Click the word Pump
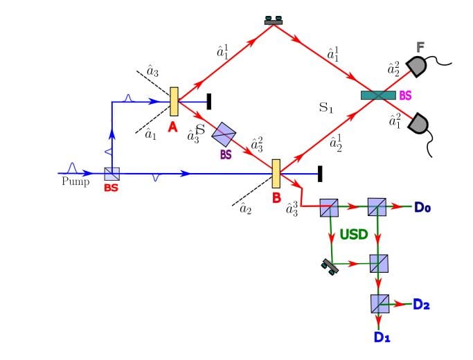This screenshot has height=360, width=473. (75, 182)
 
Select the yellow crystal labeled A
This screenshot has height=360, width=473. (174, 101)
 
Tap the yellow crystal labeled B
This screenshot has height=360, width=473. (276, 174)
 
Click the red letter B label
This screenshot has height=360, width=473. (276, 198)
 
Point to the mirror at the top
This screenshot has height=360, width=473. (274, 21)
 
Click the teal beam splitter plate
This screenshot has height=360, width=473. (378, 95)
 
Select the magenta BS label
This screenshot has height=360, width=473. (406, 96)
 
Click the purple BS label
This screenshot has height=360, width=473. (226, 155)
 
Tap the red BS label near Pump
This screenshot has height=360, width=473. (111, 188)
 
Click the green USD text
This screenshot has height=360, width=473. (353, 235)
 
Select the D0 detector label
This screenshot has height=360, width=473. (423, 206)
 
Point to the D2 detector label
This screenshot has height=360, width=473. (421, 303)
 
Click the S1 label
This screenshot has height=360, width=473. (325, 108)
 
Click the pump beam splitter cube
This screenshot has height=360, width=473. (111, 174)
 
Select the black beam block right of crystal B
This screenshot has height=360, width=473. (319, 174)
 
